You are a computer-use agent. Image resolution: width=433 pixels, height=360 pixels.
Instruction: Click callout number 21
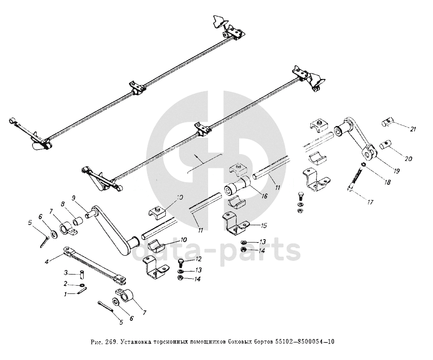point(413,129)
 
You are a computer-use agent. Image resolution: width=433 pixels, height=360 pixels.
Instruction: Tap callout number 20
point(408,159)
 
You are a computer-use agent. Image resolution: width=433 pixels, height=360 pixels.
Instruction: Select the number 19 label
point(396,171)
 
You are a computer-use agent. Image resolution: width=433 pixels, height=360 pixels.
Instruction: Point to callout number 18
point(387,182)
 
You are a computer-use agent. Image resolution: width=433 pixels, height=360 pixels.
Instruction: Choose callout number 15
point(264,225)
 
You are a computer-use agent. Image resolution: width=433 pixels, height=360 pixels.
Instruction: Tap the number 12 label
point(198,259)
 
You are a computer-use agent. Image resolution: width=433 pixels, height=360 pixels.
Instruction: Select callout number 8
point(64,204)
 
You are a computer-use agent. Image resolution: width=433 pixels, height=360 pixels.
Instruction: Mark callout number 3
point(66,272)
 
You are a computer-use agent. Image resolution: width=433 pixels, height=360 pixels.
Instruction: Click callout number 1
point(66,294)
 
